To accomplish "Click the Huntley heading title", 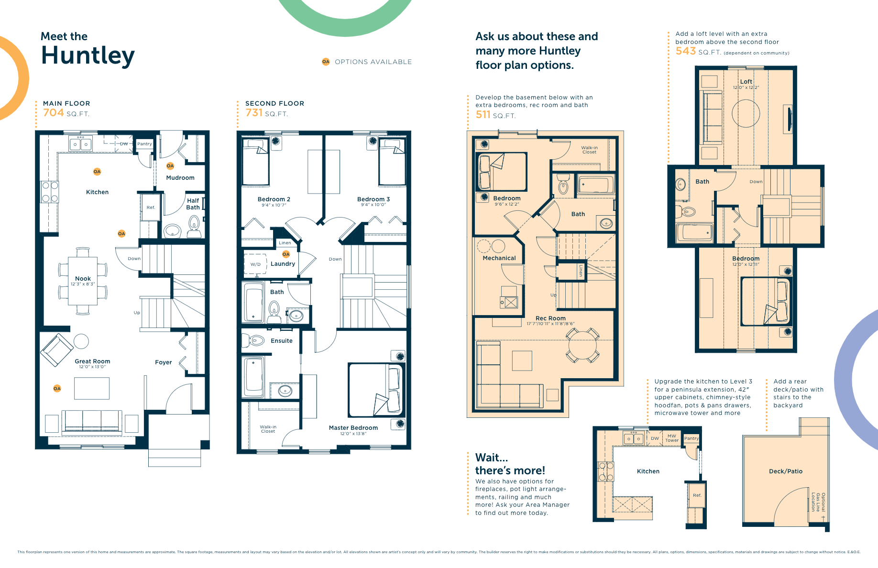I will point(88,55).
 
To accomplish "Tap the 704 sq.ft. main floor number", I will point(54,113).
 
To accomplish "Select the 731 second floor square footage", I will point(254,113).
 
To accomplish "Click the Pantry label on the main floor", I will point(144,144).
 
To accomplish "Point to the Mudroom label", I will point(180,178).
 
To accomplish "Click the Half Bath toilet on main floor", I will point(194,223).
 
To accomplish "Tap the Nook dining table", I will point(83,281).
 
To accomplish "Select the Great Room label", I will point(92,361).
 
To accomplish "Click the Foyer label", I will point(163,362).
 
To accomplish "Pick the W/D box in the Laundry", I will point(255,264).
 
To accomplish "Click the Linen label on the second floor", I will point(285,243).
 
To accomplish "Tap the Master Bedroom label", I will point(353,428).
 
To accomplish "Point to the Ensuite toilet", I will point(255,341).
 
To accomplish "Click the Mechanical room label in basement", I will point(499,258).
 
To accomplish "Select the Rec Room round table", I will point(582,345).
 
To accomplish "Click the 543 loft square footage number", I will point(685,51).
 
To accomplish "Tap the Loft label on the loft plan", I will point(746,82).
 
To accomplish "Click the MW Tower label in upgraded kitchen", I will point(672,438).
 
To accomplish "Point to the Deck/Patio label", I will point(785,471).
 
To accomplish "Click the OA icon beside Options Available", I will point(326,62).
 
